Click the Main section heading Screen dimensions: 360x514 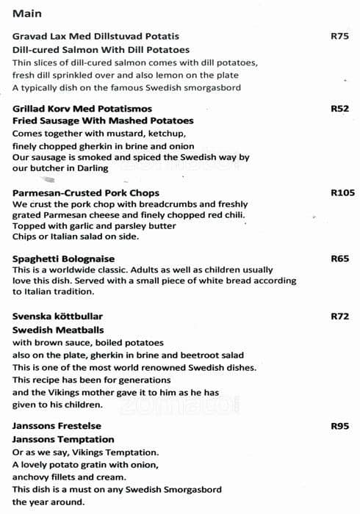coord(27,13)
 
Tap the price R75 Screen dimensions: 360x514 coord(339,35)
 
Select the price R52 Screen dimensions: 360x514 coord(339,109)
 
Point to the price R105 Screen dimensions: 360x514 coord(342,193)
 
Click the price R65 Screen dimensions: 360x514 coord(339,258)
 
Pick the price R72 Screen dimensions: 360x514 coord(339,316)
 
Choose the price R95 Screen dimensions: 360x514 coord(339,426)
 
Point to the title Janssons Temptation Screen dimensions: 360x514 coord(57,439)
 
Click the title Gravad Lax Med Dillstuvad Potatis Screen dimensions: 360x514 coord(96,36)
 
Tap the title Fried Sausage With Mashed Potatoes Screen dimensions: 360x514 coord(103,121)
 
